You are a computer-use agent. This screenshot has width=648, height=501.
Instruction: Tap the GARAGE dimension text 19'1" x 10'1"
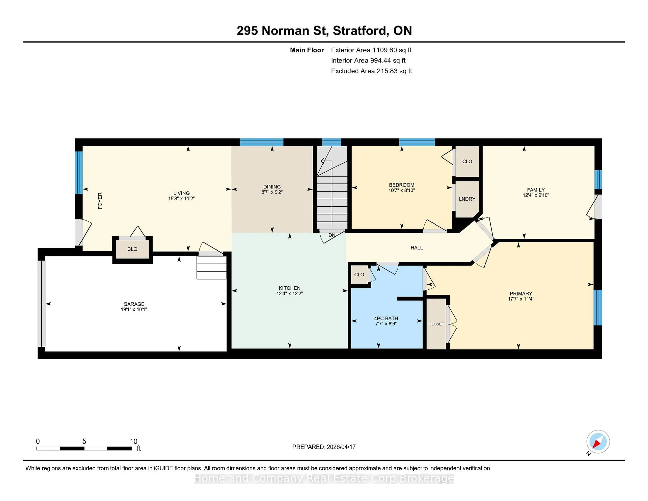point(134,309)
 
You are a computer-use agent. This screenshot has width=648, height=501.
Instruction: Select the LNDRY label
point(467,199)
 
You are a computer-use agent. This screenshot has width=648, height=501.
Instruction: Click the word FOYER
point(100,201)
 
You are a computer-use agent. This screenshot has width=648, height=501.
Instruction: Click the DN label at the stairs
point(332,235)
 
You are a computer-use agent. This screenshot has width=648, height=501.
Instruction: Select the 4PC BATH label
point(386,318)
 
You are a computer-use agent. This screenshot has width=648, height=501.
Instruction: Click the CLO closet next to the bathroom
point(359,274)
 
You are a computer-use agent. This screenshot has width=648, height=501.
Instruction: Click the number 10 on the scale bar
point(133,441)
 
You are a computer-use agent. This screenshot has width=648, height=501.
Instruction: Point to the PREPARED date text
point(324,447)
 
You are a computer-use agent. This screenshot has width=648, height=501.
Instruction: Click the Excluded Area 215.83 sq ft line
point(371,71)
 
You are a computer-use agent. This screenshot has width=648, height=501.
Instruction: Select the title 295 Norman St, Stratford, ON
point(324,31)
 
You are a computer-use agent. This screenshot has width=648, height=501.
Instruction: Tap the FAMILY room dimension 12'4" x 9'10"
point(536,195)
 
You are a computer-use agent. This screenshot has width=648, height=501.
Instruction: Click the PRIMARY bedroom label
point(521,293)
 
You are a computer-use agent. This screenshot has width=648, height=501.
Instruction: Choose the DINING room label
point(272,187)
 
